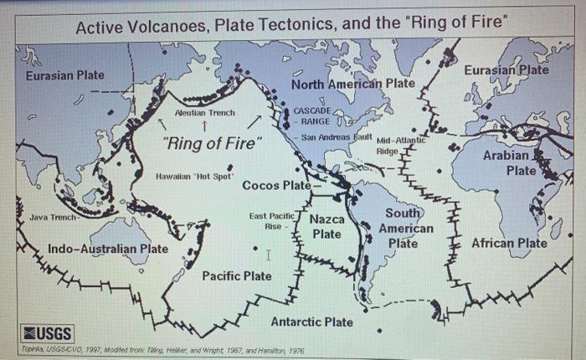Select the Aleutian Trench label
coord(205,112)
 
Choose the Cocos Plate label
coord(275,185)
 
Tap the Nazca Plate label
coord(327,227)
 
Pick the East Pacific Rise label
coord(268,221)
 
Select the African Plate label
coord(510,244)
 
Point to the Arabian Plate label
coord(506,163)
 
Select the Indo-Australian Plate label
coord(107,249)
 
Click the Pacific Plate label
coord(237,275)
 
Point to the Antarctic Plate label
coord(311,321)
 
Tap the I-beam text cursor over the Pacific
coord(267,254)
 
